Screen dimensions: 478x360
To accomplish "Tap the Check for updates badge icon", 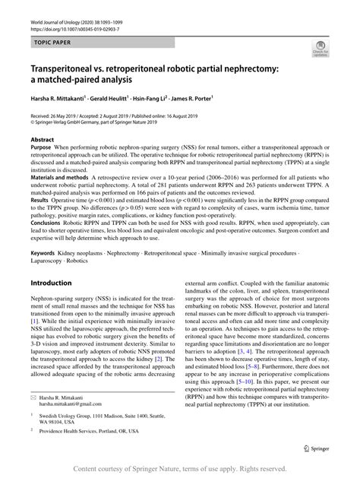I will click(x=320, y=50).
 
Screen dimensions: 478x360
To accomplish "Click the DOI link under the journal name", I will click(x=76, y=21).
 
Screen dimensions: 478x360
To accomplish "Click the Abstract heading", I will click(x=42, y=141).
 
